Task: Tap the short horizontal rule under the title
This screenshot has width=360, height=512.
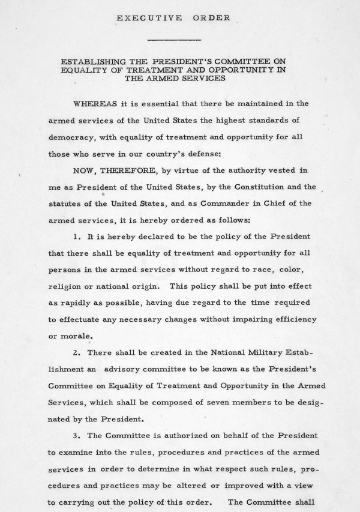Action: click(x=173, y=40)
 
